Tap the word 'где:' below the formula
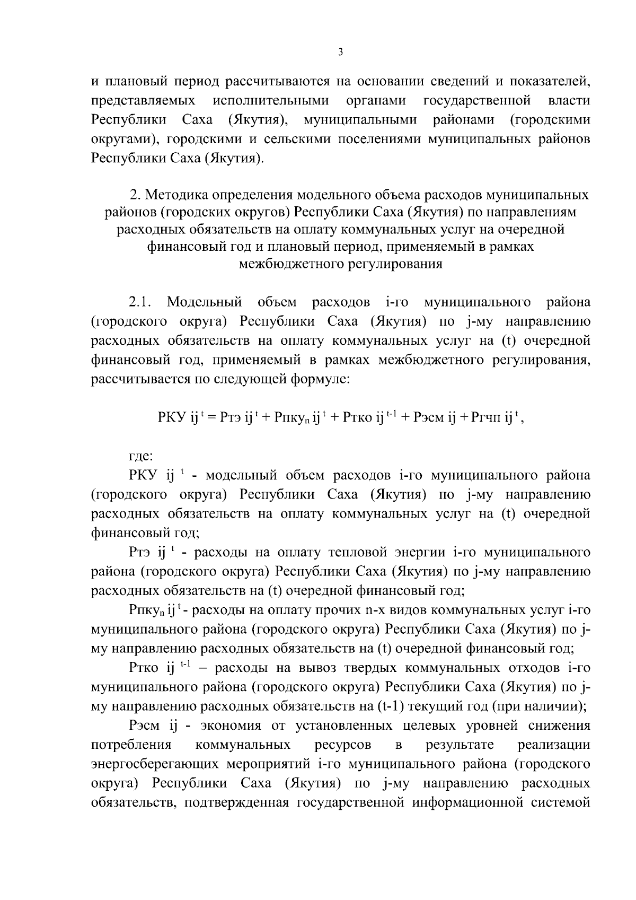coord(141,456)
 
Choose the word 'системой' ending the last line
coord(561,802)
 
